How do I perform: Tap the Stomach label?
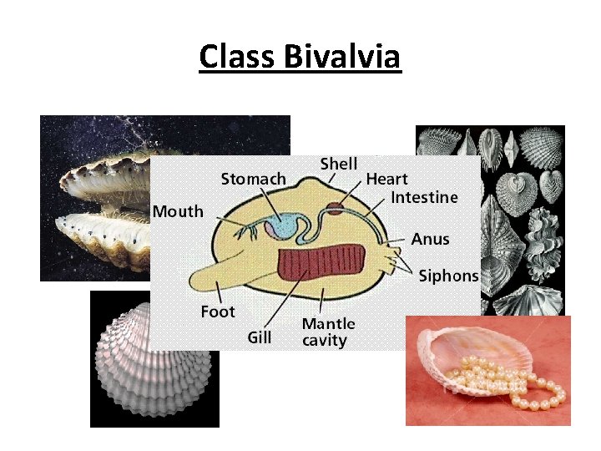point(253,178)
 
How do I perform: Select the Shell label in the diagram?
point(339,165)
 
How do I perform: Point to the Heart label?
point(386,179)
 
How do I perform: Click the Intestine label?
point(424,197)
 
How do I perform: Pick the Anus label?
point(430,239)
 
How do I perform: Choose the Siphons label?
point(448,276)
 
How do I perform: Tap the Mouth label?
point(177,211)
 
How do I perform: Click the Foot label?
point(218,312)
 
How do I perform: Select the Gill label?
point(260,337)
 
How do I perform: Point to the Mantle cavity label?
point(328,332)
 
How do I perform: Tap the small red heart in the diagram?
point(334,208)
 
